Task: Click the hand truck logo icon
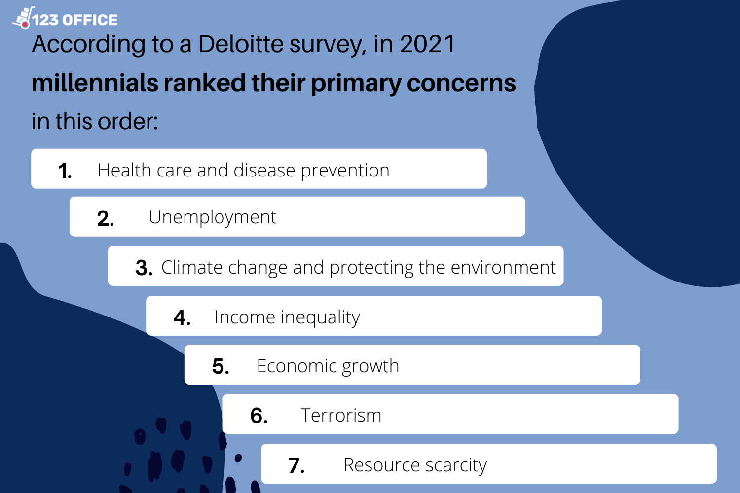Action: pos(24,18)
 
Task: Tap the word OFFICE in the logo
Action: pos(90,20)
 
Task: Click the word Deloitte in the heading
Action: pos(241,44)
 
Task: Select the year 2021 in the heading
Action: pos(427,44)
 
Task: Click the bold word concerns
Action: pos(461,83)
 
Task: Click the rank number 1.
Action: pos(65,171)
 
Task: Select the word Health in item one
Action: pos(124,170)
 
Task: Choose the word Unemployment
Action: pos(213,218)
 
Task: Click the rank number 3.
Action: pos(144,268)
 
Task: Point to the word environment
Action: pos(503,267)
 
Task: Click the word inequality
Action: pos(320,317)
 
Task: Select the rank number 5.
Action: pos(221,366)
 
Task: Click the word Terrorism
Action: pos(341,415)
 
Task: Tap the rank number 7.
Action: pos(296,465)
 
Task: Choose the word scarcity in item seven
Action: pos(456,465)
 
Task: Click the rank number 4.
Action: pos(182,317)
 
